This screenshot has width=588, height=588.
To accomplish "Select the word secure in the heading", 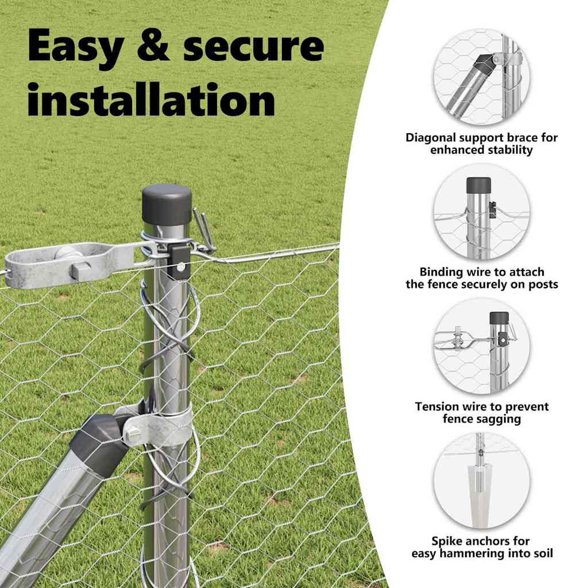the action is coord(253,46).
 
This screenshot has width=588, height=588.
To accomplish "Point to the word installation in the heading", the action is coord(151,99).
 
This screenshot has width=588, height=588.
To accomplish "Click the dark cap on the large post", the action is coord(167,205).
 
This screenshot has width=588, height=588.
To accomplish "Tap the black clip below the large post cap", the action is coord(179,260).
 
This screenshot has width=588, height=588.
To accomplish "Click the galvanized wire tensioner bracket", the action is coord(69,265).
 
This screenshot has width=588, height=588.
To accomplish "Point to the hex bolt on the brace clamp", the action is coord(133,436).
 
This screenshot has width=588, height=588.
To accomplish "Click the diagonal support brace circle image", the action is coord(482,77).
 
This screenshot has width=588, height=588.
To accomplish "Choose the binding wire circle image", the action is coord(482,211).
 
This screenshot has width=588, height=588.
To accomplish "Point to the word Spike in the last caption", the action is coord(447,541).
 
